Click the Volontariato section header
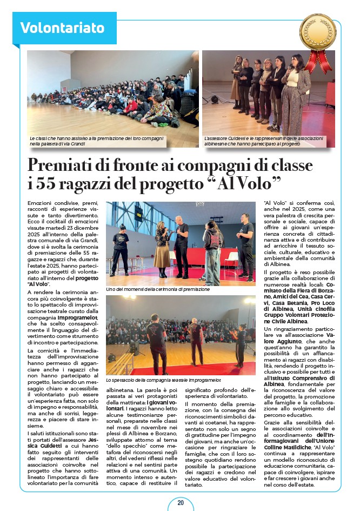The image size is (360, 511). pyautogui.click(x=62, y=28)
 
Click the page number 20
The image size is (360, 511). pyautogui.click(x=181, y=502)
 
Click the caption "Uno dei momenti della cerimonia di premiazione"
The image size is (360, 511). pyautogui.click(x=158, y=289)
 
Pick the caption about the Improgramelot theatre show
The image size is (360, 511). pyautogui.click(x=160, y=380)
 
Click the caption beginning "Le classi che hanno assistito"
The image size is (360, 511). pyautogui.click(x=96, y=141)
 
